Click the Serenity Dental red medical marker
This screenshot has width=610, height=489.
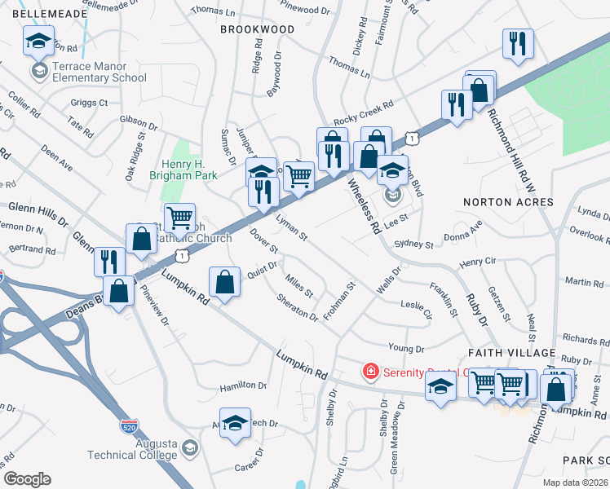(370, 372)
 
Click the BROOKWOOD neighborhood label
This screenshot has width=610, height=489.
(257, 29)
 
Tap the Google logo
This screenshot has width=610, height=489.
(27, 479)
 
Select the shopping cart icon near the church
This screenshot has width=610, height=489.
(179, 218)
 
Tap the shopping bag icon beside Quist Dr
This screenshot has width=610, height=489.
(224, 282)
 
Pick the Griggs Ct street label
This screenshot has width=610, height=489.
(89, 103)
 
